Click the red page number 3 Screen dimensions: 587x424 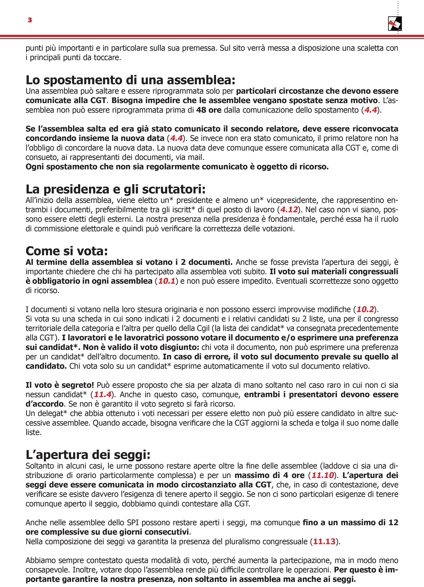30,20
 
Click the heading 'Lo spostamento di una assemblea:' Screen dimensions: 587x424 131,80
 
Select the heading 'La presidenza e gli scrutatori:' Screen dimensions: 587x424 116,190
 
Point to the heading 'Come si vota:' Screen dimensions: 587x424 67,251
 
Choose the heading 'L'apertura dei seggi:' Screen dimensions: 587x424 88,455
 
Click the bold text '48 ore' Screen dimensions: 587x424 209,110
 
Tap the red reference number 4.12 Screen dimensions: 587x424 289,210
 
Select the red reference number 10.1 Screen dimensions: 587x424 167,281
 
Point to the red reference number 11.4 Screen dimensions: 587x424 103,394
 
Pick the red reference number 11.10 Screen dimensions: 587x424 323,475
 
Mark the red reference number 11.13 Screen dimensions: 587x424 324,541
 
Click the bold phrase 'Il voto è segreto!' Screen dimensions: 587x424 60,385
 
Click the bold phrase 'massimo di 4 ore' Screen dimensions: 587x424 270,475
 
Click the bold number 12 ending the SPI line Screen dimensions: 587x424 393,523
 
